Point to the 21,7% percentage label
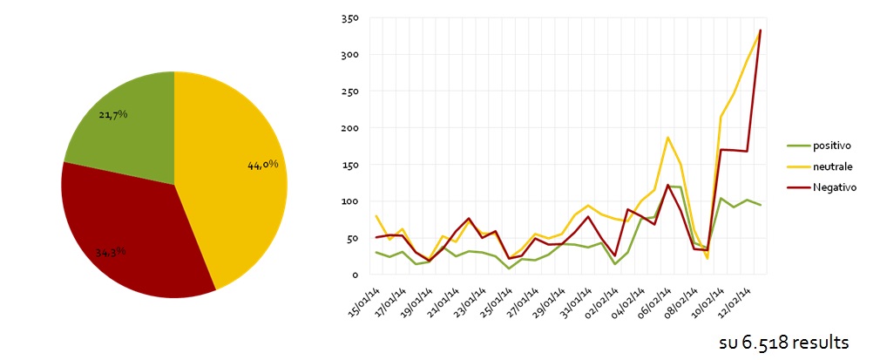coord(113,114)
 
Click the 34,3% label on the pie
coord(110,253)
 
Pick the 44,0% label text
coord(263,165)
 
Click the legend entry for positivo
coord(819,146)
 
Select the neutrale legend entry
coord(820,166)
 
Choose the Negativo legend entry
coord(822,187)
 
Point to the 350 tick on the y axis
coord(349,18)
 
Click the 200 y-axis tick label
coord(349,128)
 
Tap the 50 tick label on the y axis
coord(352,238)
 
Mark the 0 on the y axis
coord(355,275)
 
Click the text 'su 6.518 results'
coord(784,343)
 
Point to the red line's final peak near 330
coord(761,30)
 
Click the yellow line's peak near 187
coord(668,137)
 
